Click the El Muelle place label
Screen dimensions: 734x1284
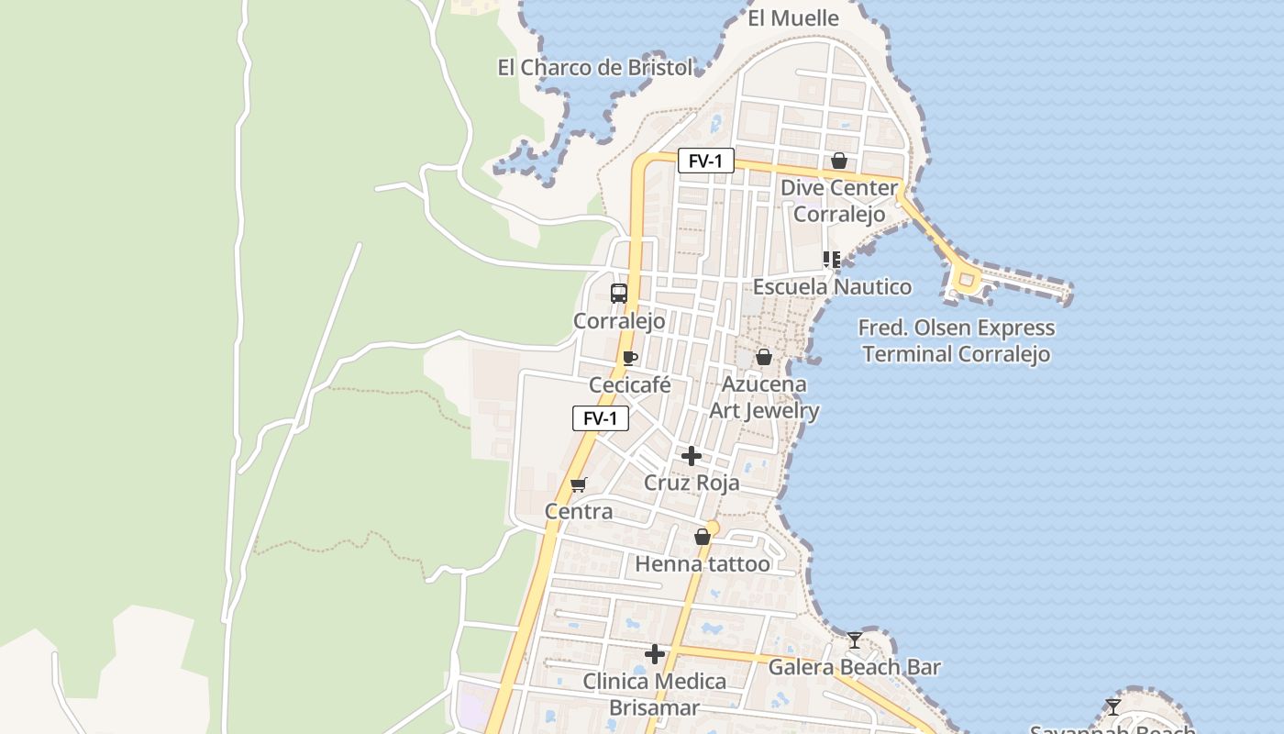click(x=793, y=18)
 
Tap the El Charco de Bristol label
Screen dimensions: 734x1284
click(x=595, y=67)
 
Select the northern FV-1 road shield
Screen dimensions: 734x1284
click(x=705, y=161)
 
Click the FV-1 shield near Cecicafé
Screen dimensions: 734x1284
click(x=601, y=418)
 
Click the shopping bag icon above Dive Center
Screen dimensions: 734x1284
click(x=838, y=161)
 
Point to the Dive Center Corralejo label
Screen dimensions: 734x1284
click(x=839, y=201)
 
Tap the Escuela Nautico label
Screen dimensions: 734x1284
click(x=832, y=286)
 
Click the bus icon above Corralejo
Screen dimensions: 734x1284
click(x=619, y=294)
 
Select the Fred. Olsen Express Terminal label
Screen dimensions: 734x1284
click(x=957, y=340)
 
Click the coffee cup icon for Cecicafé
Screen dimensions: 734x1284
click(x=629, y=358)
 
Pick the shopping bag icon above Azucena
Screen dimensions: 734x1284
click(x=763, y=357)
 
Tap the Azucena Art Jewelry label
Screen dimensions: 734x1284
click(x=764, y=397)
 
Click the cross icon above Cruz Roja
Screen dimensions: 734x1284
click(x=692, y=456)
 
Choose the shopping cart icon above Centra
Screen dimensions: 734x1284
click(x=578, y=484)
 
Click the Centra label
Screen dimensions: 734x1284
click(x=579, y=511)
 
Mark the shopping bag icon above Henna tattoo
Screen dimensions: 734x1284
click(x=703, y=537)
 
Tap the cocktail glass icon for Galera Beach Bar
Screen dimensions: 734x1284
click(x=855, y=639)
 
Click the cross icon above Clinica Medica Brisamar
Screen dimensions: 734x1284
click(x=655, y=654)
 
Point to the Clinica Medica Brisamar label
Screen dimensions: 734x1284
click(x=655, y=695)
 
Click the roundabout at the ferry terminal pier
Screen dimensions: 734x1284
click(x=965, y=281)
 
